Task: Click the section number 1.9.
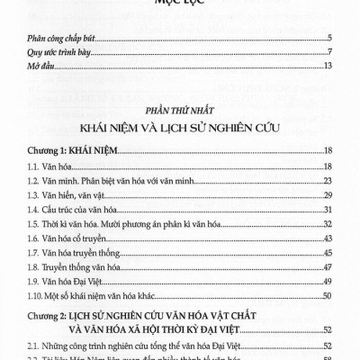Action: click(32, 281)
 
